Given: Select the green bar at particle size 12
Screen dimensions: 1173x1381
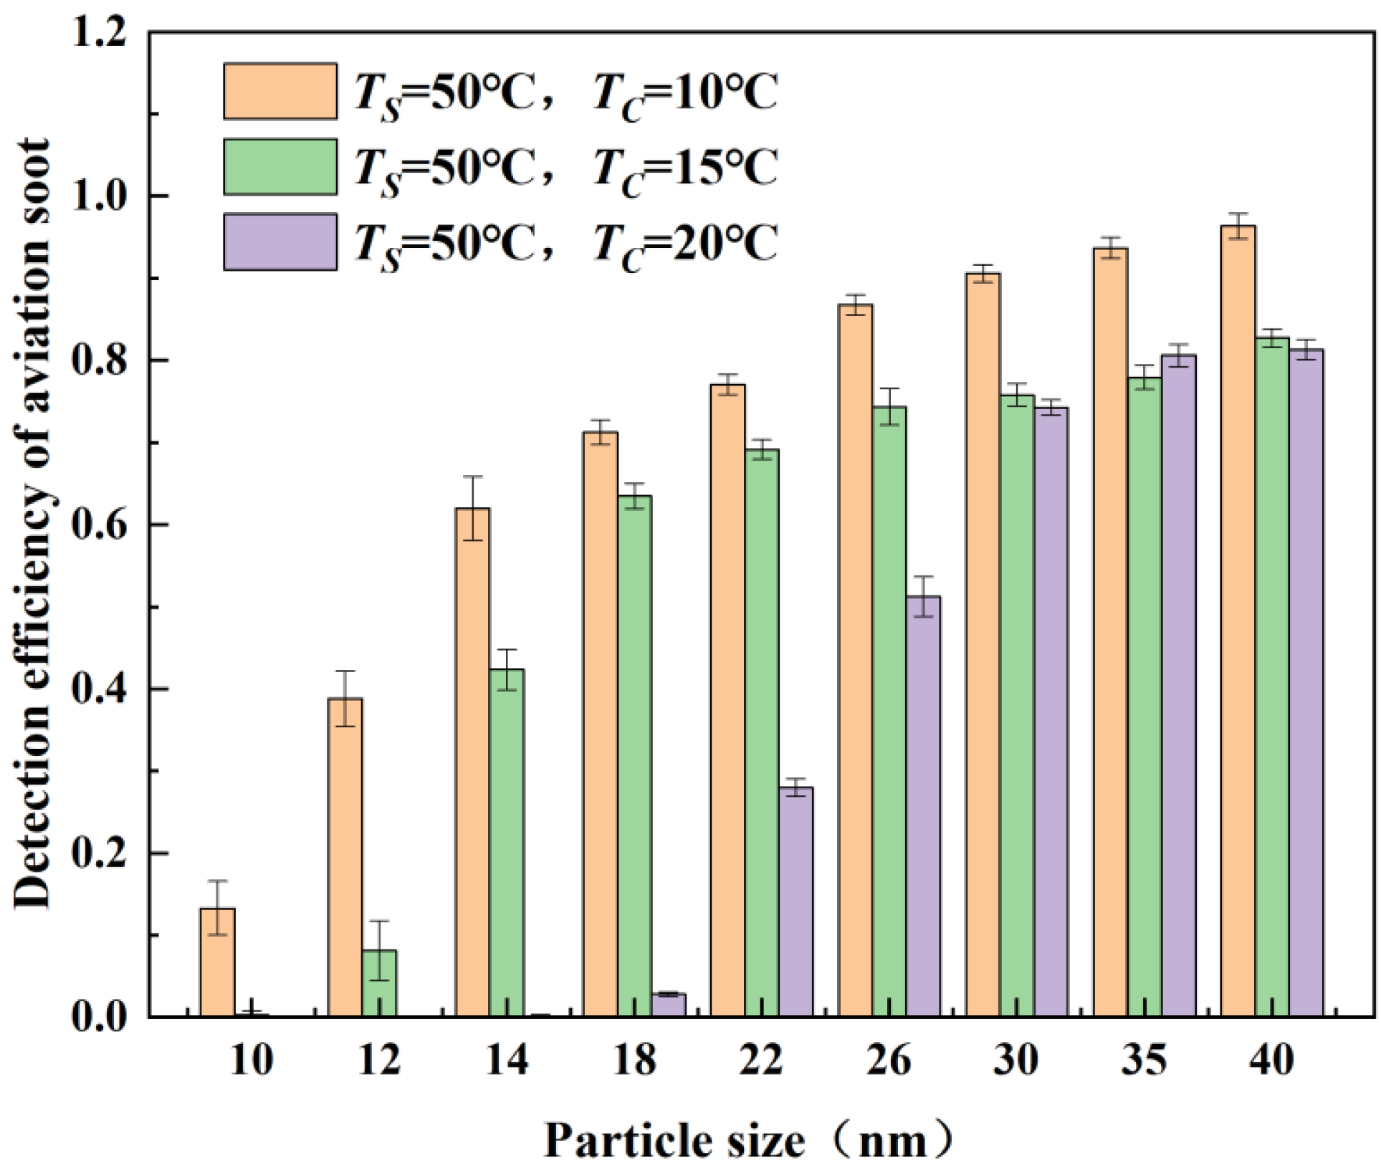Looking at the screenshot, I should [379, 983].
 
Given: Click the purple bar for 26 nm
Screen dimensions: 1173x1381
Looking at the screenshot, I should [923, 806].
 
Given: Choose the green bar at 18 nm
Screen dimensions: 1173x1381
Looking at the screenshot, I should [634, 756].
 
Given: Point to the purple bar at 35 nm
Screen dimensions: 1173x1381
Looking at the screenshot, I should [1178, 685].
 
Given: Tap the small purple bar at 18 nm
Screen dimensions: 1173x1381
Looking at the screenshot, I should [668, 1005].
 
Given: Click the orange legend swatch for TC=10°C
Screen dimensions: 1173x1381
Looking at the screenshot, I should [280, 91].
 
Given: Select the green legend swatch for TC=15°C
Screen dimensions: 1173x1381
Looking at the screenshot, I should [280, 167].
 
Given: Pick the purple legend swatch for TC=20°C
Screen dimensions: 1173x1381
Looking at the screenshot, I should [280, 242].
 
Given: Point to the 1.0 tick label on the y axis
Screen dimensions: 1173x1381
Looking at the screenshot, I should [100, 196].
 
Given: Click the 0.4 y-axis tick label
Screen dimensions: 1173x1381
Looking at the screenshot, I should [100, 689].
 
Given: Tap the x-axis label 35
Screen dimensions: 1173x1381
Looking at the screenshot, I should [1144, 1059].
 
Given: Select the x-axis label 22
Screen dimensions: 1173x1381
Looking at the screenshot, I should [761, 1059].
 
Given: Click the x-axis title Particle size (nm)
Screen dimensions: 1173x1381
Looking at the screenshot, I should [749, 1141].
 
